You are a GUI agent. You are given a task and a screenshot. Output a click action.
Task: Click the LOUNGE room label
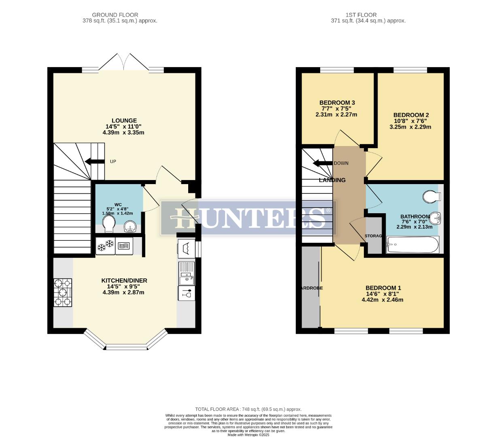tap(124, 121)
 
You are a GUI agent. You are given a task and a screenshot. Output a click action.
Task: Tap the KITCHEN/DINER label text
tap(124, 280)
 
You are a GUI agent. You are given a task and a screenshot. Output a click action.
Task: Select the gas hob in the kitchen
tap(63, 292)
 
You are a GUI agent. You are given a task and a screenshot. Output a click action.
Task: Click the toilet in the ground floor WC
tap(109, 224)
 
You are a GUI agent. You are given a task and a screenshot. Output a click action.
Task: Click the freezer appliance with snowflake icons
tap(105, 245)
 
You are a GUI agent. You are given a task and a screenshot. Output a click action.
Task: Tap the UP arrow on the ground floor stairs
tap(92, 162)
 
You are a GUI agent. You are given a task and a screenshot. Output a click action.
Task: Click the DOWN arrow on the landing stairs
tap(322, 163)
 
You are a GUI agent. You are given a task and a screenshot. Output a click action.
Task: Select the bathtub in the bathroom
tap(412, 245)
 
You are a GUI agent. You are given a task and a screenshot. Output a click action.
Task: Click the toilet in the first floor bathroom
tap(431, 197)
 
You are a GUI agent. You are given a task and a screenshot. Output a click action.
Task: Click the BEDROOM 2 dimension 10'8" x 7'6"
tap(410, 121)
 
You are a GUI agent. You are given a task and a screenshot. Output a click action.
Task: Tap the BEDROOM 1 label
tap(383, 288)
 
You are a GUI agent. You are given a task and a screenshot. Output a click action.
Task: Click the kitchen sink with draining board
tap(187, 273)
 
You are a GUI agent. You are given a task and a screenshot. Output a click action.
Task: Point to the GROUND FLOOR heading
tap(115, 15)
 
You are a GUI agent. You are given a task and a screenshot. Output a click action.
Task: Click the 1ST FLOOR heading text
tap(355, 15)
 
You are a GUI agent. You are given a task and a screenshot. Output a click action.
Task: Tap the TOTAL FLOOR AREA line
tap(248, 409)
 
